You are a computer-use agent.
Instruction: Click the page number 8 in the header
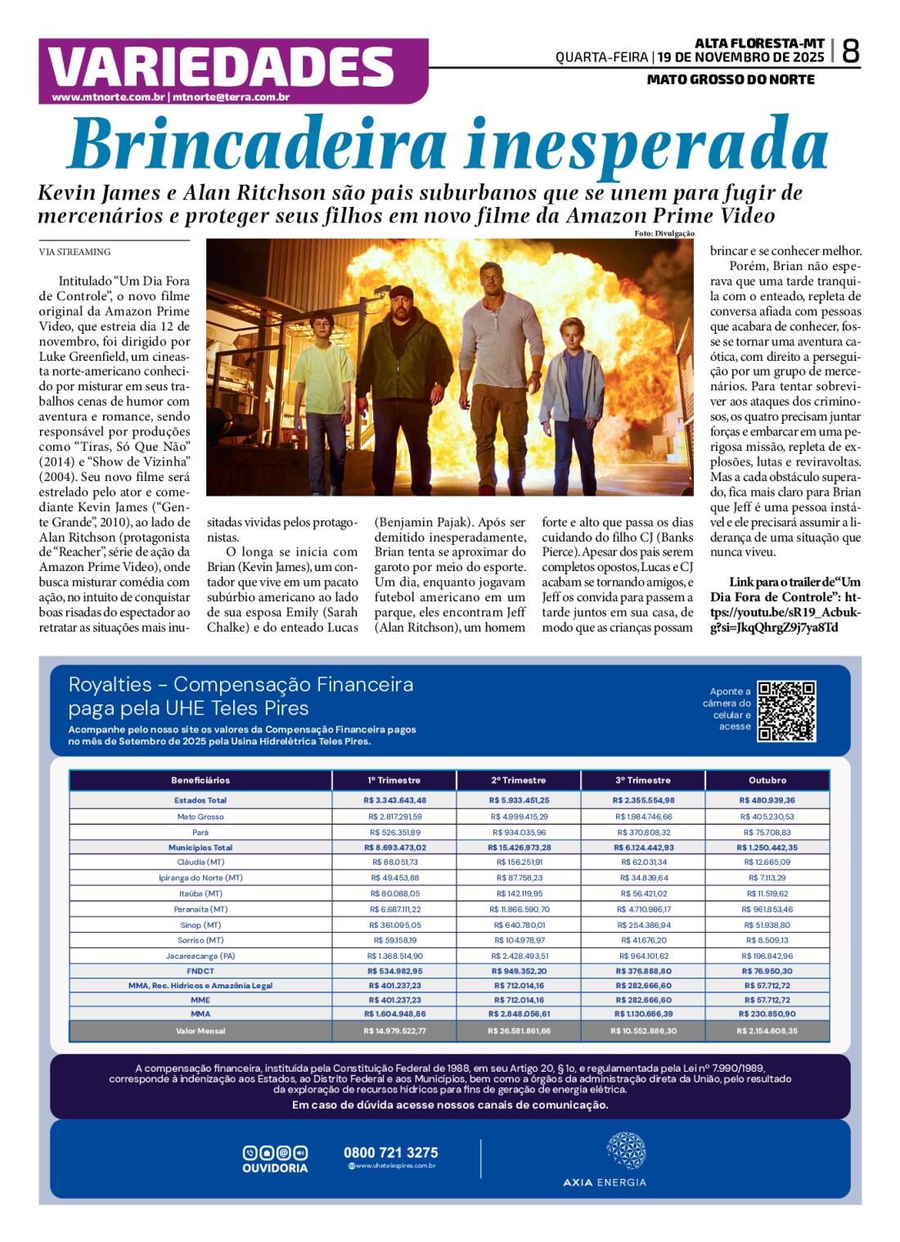pyautogui.click(x=850, y=52)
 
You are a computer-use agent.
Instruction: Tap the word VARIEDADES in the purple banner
pyautogui.click(x=222, y=67)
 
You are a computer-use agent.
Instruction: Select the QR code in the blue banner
pyautogui.click(x=785, y=711)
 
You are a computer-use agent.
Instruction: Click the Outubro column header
pyautogui.click(x=767, y=781)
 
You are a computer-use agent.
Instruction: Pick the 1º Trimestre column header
pyautogui.click(x=394, y=781)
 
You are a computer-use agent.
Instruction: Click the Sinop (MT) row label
pyautogui.click(x=200, y=925)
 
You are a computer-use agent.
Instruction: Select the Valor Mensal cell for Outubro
pyautogui.click(x=767, y=1031)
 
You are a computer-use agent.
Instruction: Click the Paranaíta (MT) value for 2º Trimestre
pyautogui.click(x=520, y=910)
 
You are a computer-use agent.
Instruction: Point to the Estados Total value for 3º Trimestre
pyautogui.click(x=644, y=801)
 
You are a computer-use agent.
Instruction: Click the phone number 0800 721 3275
pyautogui.click(x=390, y=1153)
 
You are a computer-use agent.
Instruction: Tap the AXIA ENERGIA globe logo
pyautogui.click(x=626, y=1151)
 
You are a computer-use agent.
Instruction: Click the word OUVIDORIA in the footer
pyautogui.click(x=275, y=1168)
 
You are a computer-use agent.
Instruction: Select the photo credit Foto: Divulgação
pyautogui.click(x=664, y=234)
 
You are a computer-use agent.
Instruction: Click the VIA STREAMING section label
pyautogui.click(x=74, y=252)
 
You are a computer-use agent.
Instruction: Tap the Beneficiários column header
pyautogui.click(x=200, y=781)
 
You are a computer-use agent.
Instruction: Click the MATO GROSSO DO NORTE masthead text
pyautogui.click(x=730, y=80)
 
